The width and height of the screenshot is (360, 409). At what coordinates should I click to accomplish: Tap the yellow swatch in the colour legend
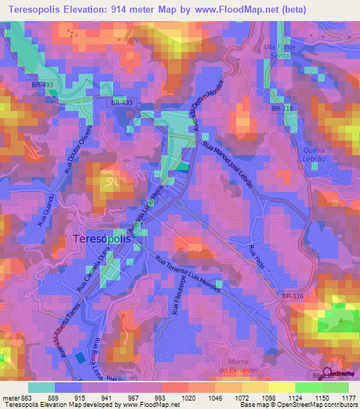pos(281,387)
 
